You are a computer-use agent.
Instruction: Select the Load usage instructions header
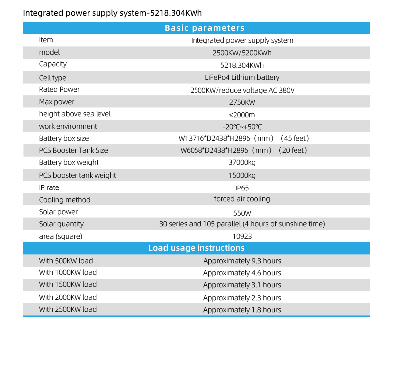(x=196, y=248)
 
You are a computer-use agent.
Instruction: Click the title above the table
(x=112, y=13)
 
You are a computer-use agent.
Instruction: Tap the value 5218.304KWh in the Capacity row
(x=242, y=65)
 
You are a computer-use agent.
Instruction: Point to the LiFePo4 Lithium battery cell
(x=242, y=78)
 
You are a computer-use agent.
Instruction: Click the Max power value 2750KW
(x=242, y=102)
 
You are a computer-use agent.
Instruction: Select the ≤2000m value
(x=242, y=115)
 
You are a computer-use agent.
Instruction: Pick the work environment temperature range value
(x=242, y=127)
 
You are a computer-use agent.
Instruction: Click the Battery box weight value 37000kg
(x=242, y=163)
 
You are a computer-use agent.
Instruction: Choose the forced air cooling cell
(x=242, y=199)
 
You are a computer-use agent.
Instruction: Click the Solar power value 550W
(x=242, y=212)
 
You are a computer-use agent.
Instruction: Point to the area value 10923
(x=242, y=237)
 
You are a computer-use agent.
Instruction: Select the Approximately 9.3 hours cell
(x=242, y=261)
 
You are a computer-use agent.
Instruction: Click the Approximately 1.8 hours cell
(x=242, y=310)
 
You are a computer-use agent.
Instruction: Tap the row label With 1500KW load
(x=68, y=285)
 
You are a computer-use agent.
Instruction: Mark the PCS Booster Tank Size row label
(x=74, y=150)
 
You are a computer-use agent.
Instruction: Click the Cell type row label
(x=53, y=78)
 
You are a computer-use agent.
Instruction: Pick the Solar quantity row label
(x=61, y=224)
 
